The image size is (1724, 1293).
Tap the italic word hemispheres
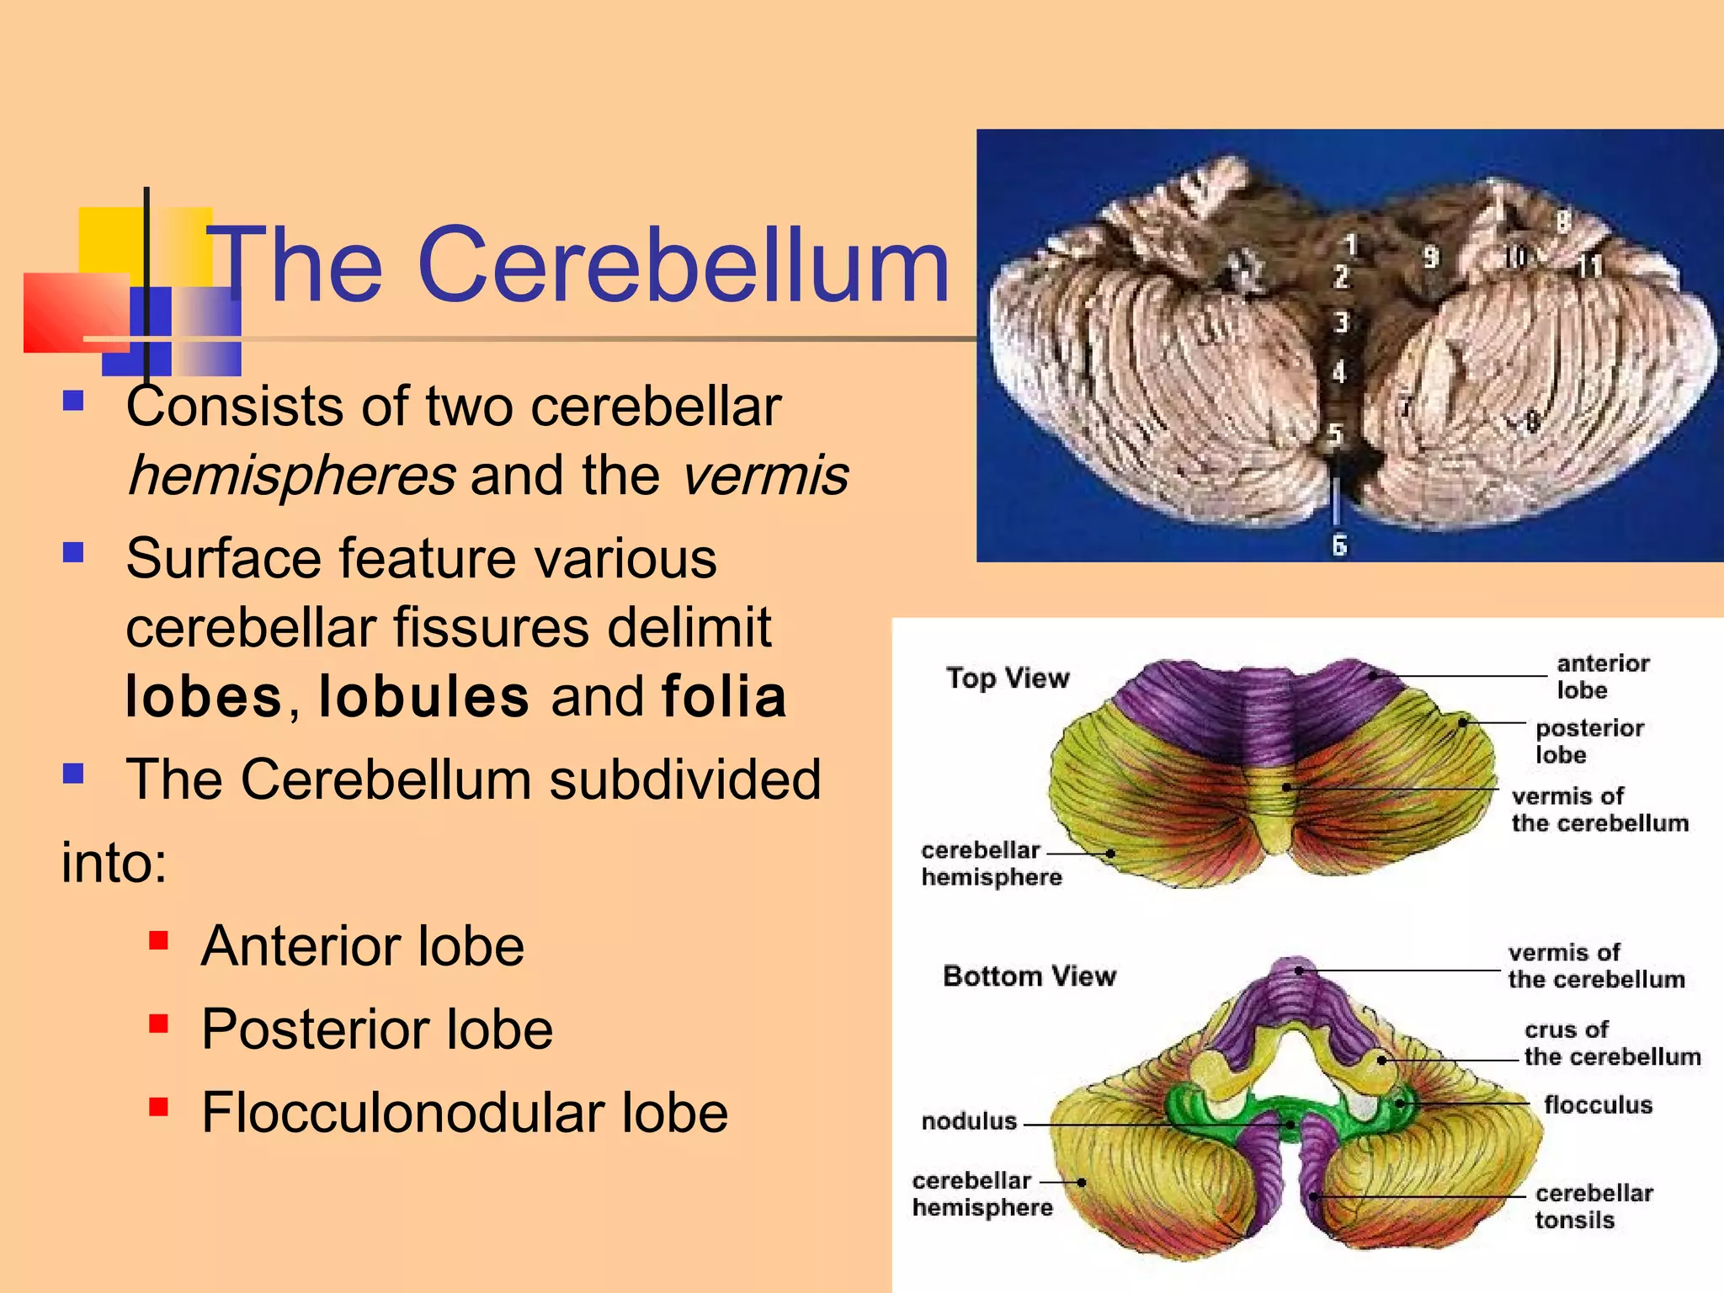[x=290, y=476]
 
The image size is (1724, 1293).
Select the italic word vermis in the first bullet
[x=764, y=476]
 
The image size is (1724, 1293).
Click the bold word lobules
[x=424, y=697]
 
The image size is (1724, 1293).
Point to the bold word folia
[x=724, y=697]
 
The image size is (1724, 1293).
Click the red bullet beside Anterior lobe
[x=158, y=939]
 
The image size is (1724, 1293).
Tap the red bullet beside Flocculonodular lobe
[x=158, y=1106]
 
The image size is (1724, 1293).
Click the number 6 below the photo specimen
[x=1339, y=545]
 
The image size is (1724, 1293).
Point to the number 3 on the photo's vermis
[x=1341, y=322]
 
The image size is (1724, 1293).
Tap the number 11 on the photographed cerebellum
[x=1588, y=266]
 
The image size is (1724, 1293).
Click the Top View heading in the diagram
[x=1008, y=678]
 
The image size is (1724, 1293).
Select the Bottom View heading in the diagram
[x=1030, y=976]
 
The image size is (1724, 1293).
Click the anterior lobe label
[x=1602, y=676]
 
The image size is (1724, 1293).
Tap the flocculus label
[x=1598, y=1104]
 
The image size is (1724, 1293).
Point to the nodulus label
[x=969, y=1121]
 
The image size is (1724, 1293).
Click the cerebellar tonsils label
[x=1593, y=1206]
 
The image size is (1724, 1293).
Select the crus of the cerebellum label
[x=1611, y=1043]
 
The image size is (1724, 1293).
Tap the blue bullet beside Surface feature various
[x=73, y=552]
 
